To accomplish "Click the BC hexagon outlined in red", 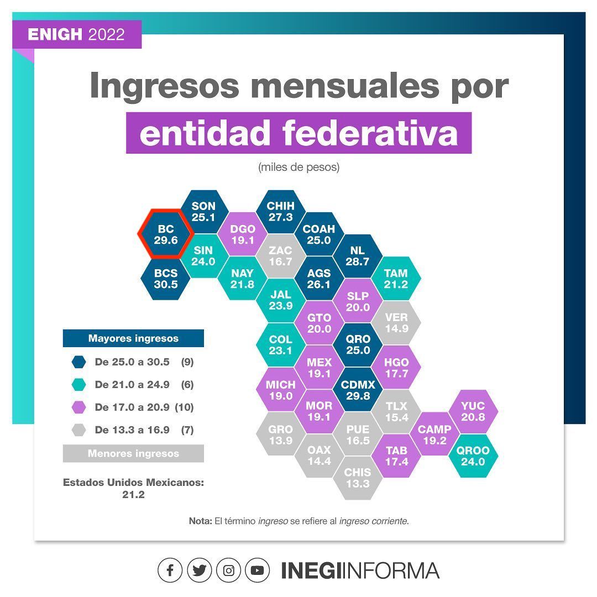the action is click(166, 234).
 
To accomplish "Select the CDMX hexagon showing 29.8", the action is click(358, 390).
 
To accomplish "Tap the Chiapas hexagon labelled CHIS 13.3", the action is click(358, 478).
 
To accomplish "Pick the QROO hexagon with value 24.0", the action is click(473, 455).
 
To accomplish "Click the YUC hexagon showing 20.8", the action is click(473, 412).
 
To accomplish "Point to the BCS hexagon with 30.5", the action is click(166, 278).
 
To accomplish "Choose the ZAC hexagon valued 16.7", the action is click(281, 256).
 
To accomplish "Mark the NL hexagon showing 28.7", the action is click(357, 256).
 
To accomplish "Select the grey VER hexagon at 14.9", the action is click(396, 323).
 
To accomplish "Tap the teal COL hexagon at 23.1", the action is click(281, 345).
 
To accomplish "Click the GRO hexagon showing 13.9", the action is click(281, 434).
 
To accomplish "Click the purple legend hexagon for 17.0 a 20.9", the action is click(79, 407).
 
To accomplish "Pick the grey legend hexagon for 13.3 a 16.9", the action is click(79, 430).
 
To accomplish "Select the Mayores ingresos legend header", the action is click(133, 338).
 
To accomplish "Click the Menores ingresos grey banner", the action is click(133, 453).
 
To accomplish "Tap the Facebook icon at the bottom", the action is click(170, 570).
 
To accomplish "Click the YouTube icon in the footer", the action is click(258, 570).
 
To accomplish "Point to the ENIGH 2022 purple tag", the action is click(77, 34).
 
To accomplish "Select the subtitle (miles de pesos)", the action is click(299, 167).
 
